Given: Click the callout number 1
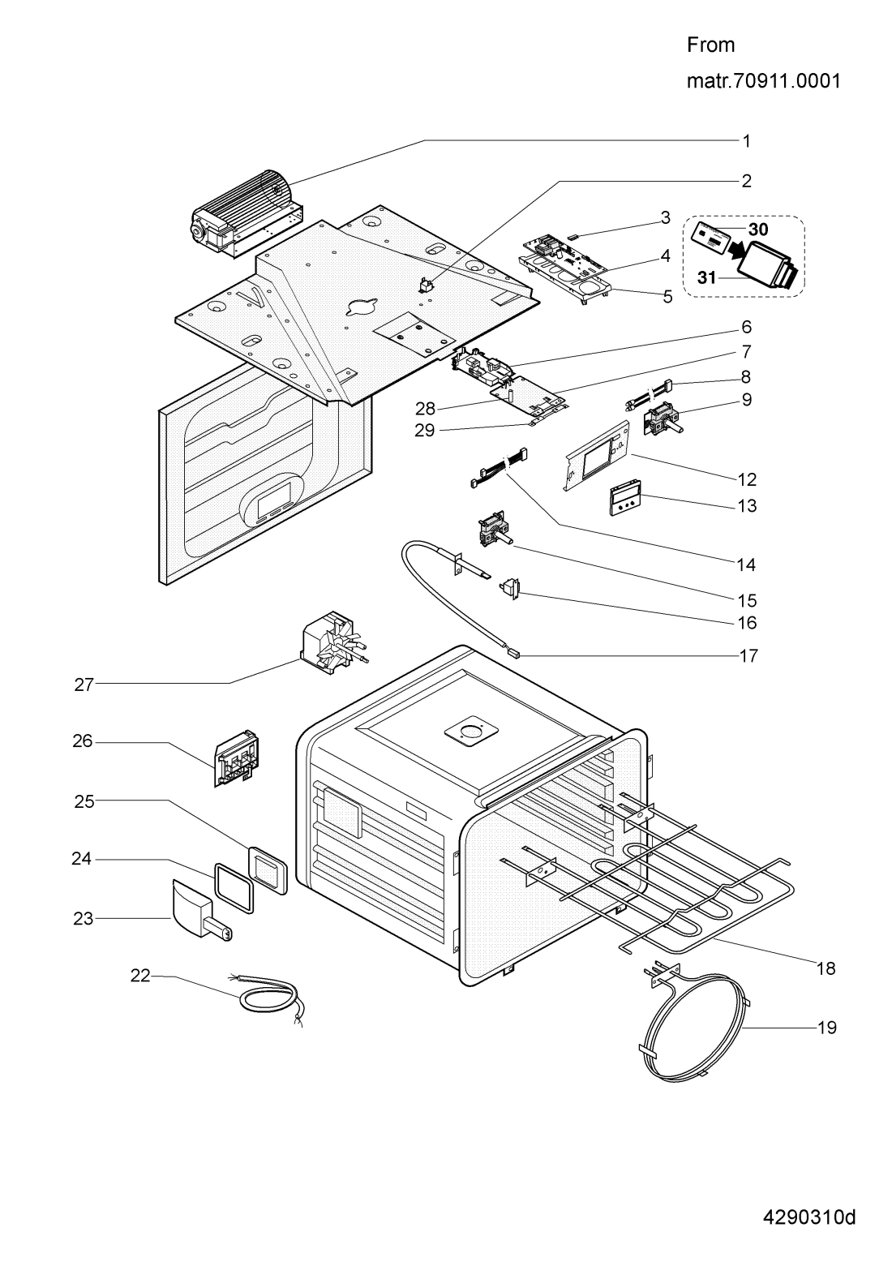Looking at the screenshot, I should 746,141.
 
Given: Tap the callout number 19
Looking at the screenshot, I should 826,1027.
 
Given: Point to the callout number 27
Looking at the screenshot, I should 84,685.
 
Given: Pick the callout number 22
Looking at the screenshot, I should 140,977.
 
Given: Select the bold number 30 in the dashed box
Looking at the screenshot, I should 757,230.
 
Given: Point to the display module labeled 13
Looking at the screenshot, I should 626,501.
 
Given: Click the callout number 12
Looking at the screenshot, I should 746,479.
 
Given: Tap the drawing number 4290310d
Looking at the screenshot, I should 809,1218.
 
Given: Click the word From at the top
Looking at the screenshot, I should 710,45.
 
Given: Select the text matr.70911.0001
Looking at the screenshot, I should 763,82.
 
